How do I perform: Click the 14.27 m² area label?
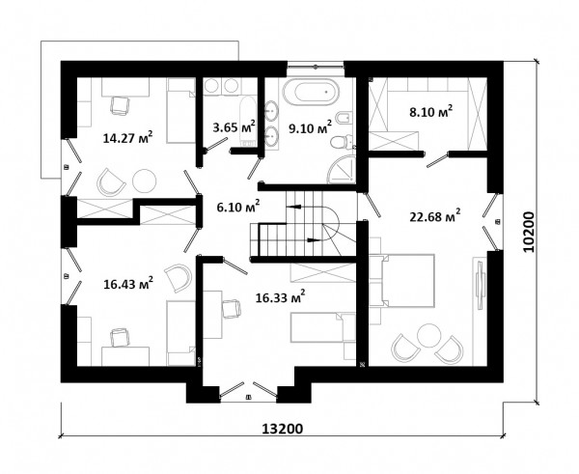click(x=127, y=138)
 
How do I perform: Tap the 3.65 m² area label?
click(x=234, y=126)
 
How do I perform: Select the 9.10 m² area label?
click(x=310, y=127)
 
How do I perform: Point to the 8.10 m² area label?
click(x=431, y=111)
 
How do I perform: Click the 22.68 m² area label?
click(x=435, y=215)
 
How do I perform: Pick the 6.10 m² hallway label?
click(x=238, y=207)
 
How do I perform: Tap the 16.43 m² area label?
click(x=128, y=284)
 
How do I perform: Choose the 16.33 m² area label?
click(x=280, y=296)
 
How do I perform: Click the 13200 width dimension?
click(x=283, y=429)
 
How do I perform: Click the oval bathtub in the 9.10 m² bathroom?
click(x=311, y=92)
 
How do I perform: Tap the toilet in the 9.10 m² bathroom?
click(x=342, y=142)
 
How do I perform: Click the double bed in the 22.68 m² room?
click(x=407, y=280)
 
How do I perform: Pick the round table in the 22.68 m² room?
click(x=429, y=335)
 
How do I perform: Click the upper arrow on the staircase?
click(x=294, y=207)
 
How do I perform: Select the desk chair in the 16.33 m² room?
click(x=232, y=309)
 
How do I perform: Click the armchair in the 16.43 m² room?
click(x=179, y=277)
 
